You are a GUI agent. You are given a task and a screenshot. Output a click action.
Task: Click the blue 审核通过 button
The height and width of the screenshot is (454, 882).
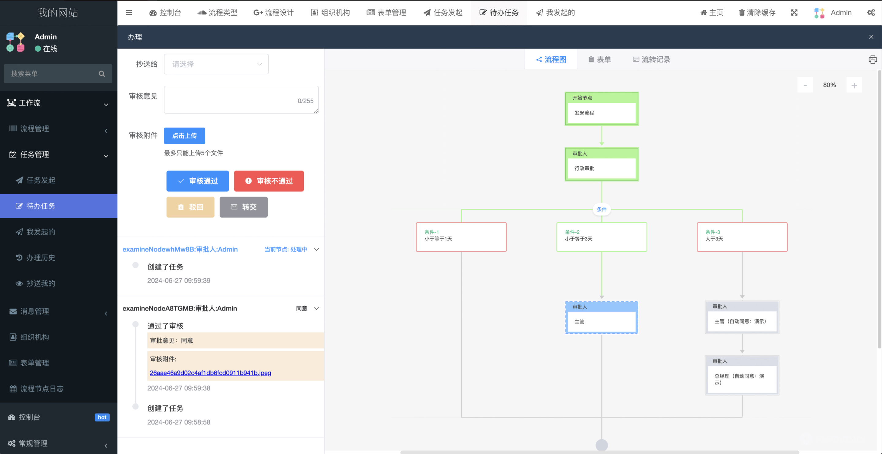pos(198,181)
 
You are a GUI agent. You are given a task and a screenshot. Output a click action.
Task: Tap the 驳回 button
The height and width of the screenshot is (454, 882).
pos(190,207)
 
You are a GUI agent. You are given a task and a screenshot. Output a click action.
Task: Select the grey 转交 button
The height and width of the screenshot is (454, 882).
pos(243,207)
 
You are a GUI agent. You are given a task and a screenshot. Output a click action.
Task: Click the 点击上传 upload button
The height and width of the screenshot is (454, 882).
pos(184,136)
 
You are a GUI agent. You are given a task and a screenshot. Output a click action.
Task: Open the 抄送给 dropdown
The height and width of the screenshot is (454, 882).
pos(216,64)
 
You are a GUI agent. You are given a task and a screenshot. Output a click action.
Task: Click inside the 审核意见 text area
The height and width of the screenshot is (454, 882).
pos(241,99)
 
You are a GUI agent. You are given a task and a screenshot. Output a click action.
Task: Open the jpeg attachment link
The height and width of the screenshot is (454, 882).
pos(210,373)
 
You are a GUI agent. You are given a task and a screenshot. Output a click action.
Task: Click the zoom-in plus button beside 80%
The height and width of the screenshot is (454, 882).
pos(854,85)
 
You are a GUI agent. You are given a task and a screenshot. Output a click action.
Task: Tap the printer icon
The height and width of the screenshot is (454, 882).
pos(873,60)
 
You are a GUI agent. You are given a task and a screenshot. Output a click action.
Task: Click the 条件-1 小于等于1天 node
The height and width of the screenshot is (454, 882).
pos(461,237)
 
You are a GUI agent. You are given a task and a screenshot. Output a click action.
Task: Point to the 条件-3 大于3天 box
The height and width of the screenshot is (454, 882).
pos(742,237)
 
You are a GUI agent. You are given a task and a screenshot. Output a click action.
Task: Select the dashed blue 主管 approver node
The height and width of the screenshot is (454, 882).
pos(601,318)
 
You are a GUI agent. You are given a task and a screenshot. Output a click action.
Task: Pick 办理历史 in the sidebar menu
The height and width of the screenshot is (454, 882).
pos(41,258)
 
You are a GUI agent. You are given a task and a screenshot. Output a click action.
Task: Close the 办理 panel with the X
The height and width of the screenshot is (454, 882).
pos(871,37)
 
